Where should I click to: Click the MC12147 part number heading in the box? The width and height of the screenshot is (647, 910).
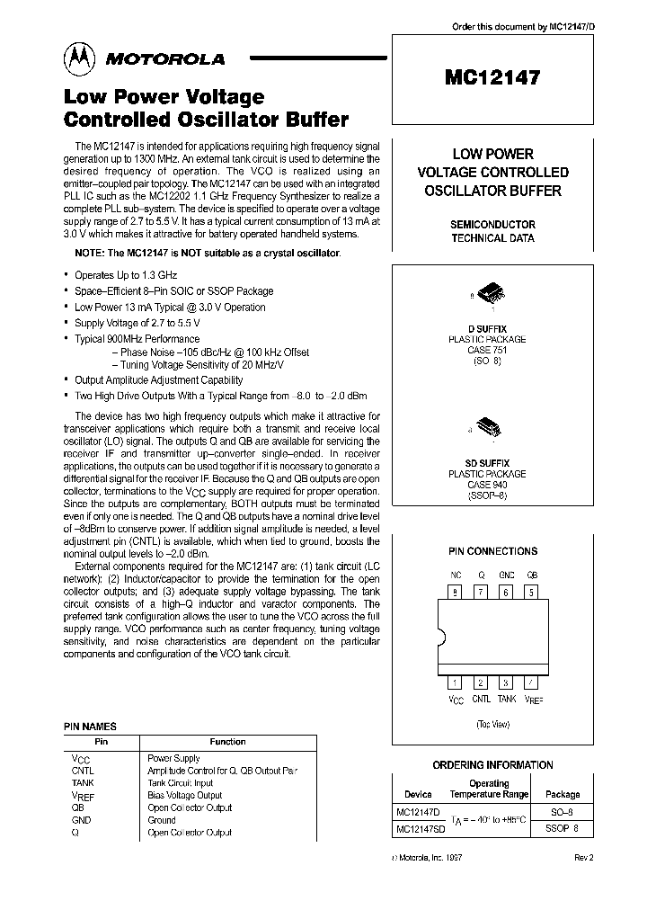pos(492,77)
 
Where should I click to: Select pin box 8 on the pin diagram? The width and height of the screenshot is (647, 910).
pos(456,591)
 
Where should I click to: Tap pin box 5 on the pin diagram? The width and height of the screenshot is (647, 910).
pos(531,591)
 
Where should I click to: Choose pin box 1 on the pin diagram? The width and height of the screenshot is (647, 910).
pos(456,682)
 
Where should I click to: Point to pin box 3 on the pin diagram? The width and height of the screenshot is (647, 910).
pos(507,682)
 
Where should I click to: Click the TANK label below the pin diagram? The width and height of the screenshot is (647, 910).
pos(507,699)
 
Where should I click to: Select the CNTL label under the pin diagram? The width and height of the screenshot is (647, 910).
pos(481,699)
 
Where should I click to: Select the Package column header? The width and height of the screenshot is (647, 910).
pos(563,794)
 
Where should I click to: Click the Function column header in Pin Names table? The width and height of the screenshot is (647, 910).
pos(227,742)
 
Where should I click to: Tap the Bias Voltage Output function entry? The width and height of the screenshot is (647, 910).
pos(184,795)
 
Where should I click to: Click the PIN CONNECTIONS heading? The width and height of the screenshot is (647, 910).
pos(492,551)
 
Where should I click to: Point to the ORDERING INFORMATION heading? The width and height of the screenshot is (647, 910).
pos(492,765)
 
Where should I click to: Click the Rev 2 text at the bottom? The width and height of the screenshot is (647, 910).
pos(583,857)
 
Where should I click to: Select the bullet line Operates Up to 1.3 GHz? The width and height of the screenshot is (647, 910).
pos(126,274)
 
